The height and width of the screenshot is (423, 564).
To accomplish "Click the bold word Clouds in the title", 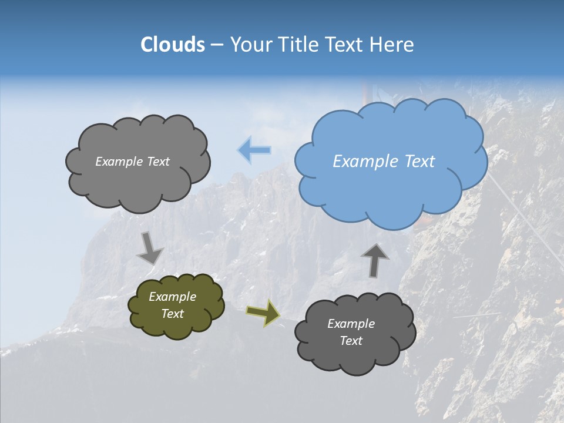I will tap(173, 45).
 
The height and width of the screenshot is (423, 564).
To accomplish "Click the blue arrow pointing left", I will tap(254, 150).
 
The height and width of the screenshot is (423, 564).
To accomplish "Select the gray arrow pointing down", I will tap(150, 247).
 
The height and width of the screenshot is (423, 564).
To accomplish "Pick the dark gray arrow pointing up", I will tap(374, 260).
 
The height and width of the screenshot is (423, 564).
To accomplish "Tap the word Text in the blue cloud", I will tap(419, 162).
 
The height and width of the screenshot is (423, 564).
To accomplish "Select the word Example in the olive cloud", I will tap(172, 297).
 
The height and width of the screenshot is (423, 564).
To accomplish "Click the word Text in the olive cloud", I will tap(172, 314).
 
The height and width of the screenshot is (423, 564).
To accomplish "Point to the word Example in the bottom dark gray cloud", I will tap(351, 324).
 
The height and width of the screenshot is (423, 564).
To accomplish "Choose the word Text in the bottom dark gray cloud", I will tap(351, 341).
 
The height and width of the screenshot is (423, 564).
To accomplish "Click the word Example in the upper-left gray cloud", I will tap(119, 162).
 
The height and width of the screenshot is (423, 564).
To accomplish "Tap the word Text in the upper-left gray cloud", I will tap(157, 162).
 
